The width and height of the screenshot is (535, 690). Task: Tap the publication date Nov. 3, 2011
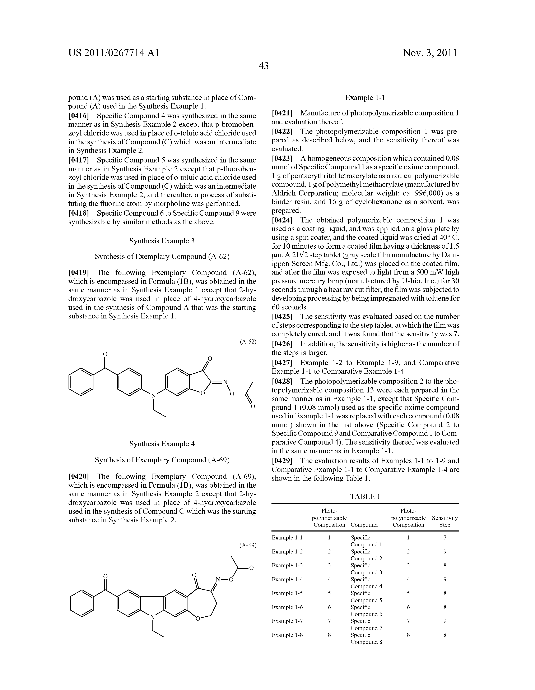(x=430, y=53)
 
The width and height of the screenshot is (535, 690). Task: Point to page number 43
(x=263, y=66)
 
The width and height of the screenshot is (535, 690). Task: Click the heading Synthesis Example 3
(x=162, y=241)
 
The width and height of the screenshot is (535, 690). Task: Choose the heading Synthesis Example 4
(x=162, y=444)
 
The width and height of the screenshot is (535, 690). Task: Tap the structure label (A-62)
(x=248, y=341)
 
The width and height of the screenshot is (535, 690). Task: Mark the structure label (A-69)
(x=248, y=545)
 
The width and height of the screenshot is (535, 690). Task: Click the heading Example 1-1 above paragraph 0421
(x=365, y=98)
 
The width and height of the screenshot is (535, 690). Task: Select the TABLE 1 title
(x=365, y=496)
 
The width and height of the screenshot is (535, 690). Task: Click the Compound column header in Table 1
(x=364, y=525)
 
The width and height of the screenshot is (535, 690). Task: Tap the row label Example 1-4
(x=287, y=579)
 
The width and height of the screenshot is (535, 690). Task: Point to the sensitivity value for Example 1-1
(x=445, y=538)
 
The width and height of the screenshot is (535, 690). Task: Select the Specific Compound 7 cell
(x=366, y=625)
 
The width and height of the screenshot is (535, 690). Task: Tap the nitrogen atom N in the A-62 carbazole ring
(x=153, y=396)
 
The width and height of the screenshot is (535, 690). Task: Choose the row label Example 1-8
(x=287, y=635)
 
